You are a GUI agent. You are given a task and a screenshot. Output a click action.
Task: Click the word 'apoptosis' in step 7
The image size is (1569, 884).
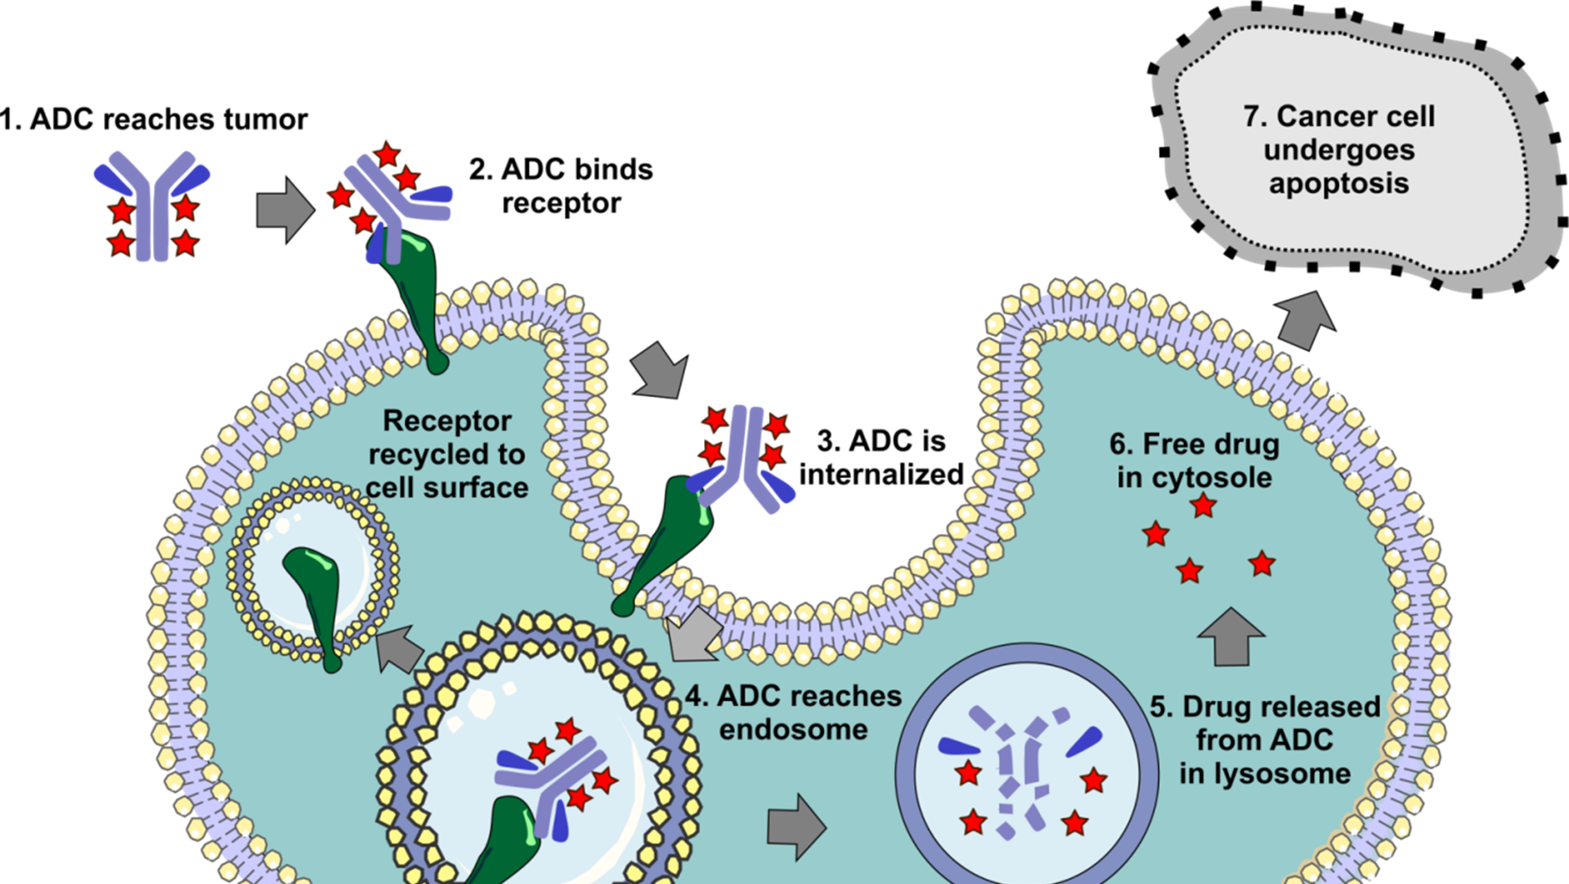[1339, 183]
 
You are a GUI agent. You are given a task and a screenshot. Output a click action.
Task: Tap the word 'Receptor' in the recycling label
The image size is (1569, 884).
[446, 421]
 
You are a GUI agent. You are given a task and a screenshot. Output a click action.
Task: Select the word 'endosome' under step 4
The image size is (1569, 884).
[793, 730]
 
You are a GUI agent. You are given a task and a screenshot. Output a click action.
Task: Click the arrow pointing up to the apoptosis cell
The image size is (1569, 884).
[1306, 320]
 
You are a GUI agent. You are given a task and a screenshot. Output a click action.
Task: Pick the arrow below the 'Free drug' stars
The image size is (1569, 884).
[1230, 637]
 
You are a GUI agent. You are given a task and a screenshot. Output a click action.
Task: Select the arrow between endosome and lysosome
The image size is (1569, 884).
[796, 826]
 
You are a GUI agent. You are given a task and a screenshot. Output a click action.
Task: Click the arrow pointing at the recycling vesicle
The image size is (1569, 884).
[401, 649]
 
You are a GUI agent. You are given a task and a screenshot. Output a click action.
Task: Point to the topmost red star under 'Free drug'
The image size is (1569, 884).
[1203, 506]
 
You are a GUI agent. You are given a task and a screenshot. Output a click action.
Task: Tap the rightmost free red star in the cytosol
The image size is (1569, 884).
[1261, 564]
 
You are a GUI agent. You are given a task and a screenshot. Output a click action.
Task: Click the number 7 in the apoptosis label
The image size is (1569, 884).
[1251, 116]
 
